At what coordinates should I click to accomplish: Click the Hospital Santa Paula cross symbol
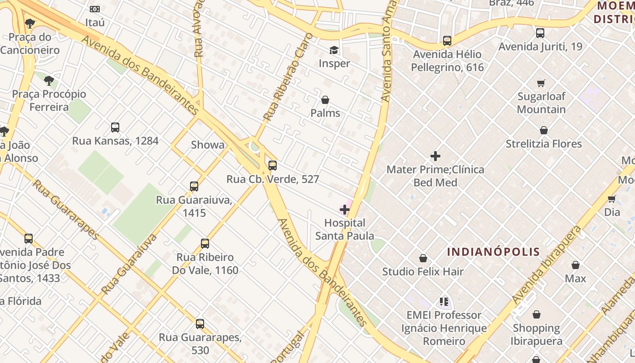[x=345, y=210]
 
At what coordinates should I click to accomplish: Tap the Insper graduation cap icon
[x=334, y=50]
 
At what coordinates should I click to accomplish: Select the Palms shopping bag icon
[x=325, y=100]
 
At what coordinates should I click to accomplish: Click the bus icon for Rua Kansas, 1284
[x=115, y=128]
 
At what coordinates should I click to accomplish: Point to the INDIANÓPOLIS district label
[x=493, y=252]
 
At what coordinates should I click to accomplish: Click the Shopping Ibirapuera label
[x=536, y=334]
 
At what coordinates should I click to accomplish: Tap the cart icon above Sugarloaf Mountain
[x=541, y=83]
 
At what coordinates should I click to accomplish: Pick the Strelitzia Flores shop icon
[x=544, y=131]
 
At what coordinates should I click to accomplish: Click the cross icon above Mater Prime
[x=435, y=157]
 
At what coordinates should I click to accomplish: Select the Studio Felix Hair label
[x=423, y=272]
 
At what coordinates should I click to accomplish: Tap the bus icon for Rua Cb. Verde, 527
[x=273, y=166]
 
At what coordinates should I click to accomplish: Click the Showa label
[x=208, y=145]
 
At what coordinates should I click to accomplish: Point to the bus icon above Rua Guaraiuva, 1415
[x=194, y=186]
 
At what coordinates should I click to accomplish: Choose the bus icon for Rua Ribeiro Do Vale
[x=205, y=244]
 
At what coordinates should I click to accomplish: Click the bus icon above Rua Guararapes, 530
[x=200, y=324]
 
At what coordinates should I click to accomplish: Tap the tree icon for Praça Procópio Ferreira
[x=49, y=81]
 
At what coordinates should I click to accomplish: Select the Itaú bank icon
[x=95, y=9]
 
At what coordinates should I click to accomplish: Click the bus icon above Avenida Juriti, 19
[x=540, y=33]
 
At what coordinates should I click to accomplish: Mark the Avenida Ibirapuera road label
[x=546, y=265]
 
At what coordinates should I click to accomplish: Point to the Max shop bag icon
[x=576, y=265]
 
